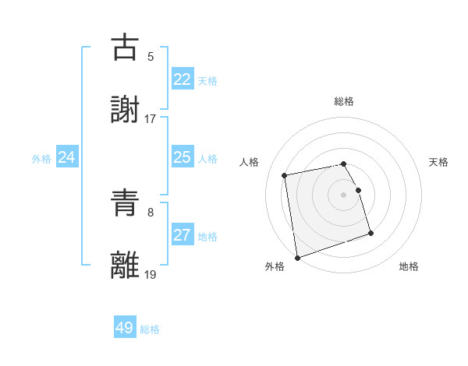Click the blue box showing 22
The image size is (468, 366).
click(182, 79)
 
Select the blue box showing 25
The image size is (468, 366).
click(182, 157)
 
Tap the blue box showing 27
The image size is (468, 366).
click(182, 235)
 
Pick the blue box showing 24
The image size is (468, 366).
click(67, 157)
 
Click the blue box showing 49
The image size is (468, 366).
click(125, 328)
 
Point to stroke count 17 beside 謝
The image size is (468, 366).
click(151, 119)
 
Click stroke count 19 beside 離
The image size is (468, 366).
click(151, 274)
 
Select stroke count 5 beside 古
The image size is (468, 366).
click(151, 57)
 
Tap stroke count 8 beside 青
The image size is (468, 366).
click(151, 212)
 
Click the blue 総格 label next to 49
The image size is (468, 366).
click(150, 329)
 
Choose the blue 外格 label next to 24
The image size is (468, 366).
click(41, 159)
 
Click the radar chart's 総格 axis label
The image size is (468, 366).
click(344, 101)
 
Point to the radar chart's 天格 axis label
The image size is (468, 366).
click(439, 162)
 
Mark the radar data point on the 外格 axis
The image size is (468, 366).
click(296, 257)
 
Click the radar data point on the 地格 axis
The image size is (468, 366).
click(370, 233)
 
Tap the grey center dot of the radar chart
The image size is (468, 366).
click(344, 195)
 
